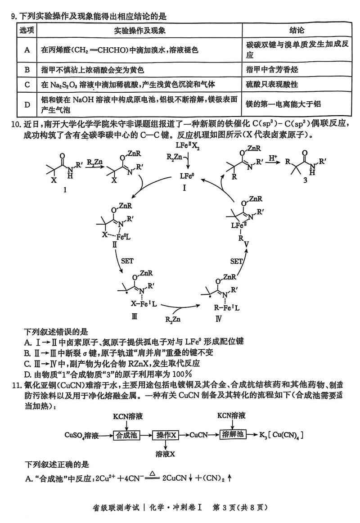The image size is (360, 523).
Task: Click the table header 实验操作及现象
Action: click(x=140, y=30)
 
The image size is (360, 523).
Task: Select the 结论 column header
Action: click(x=297, y=30)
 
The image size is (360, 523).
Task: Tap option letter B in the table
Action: click(x=27, y=70)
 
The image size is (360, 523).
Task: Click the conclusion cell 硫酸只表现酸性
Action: click(x=272, y=85)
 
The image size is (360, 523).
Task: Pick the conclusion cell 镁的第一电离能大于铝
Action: click(x=283, y=104)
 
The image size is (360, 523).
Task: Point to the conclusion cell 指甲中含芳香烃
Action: click(x=272, y=70)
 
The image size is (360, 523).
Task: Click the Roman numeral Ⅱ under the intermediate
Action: click(x=115, y=244)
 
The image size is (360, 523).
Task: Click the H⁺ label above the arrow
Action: click(x=273, y=158)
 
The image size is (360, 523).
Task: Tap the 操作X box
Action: click(x=166, y=435)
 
